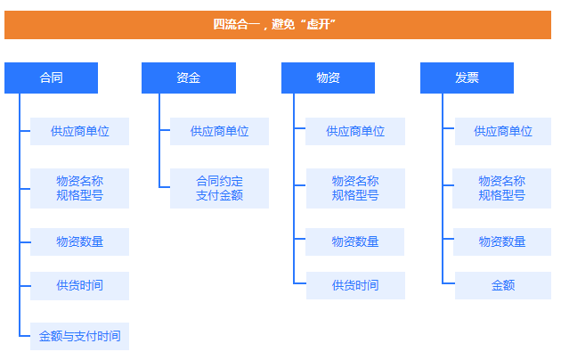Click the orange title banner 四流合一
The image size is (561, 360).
(278, 25)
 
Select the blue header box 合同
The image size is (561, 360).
(51, 78)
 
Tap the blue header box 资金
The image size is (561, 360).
(189, 78)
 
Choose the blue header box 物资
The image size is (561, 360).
(328, 78)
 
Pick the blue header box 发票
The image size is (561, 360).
(467, 78)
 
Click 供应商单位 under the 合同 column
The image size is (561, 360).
(79, 131)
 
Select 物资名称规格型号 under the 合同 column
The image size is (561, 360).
(79, 188)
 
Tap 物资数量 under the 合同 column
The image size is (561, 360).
(79, 241)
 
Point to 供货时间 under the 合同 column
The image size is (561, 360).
(79, 286)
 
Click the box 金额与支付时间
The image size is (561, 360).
(79, 336)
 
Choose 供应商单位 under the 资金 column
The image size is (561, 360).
(219, 131)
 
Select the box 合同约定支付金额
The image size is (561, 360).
(219, 188)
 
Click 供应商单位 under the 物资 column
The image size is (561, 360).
(355, 131)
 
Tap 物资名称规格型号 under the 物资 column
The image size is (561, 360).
(355, 188)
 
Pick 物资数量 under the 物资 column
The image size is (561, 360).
(355, 241)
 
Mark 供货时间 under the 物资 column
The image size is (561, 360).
(355, 285)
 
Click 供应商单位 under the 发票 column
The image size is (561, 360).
(503, 131)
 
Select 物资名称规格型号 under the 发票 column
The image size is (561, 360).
(501, 188)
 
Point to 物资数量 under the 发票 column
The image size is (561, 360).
(502, 241)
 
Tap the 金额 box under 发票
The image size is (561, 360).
(503, 285)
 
